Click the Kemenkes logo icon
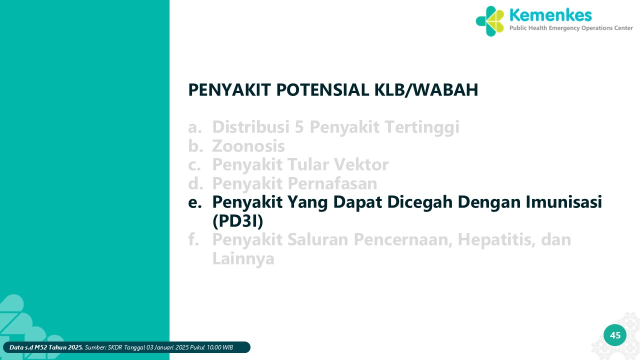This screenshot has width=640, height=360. [490, 21]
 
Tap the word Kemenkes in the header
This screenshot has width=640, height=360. [550, 15]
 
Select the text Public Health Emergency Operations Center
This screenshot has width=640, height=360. [571, 28]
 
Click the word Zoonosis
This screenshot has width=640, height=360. [248, 146]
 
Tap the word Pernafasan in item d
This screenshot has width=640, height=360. [332, 183]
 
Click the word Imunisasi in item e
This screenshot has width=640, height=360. [564, 202]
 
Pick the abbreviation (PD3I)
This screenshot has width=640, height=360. [237, 221]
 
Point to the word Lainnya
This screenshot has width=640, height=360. [243, 258]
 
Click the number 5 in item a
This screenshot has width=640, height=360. [299, 127]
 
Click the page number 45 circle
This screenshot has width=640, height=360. [615, 335]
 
